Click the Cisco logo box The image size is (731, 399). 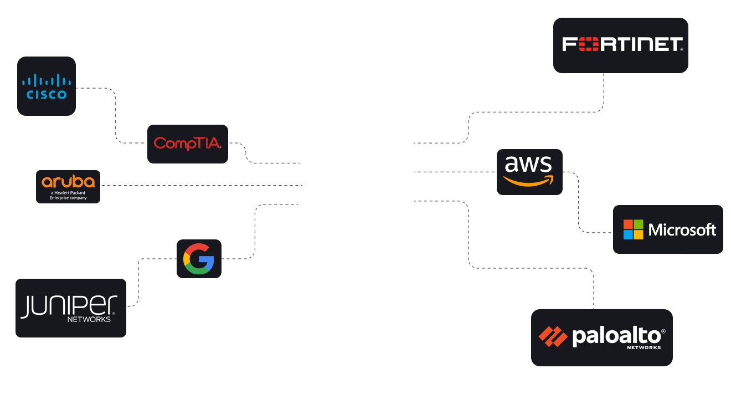[47, 86]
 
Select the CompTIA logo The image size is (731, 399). [188, 144]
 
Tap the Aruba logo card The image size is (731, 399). [69, 187]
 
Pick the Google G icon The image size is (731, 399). [199, 259]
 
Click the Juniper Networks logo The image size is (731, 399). [71, 308]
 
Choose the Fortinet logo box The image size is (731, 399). [620, 45]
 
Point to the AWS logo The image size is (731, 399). [529, 172]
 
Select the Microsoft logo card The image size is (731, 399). [668, 229]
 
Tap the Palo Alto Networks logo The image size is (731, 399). [602, 337]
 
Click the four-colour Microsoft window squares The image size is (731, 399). [634, 229]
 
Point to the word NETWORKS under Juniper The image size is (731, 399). [89, 320]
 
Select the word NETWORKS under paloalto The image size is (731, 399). [644, 347]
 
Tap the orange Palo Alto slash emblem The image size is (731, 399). [553, 337]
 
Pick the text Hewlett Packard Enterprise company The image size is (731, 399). [69, 195]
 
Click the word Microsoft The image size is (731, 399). [682, 230]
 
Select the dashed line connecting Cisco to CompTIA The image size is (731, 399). [115, 116]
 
